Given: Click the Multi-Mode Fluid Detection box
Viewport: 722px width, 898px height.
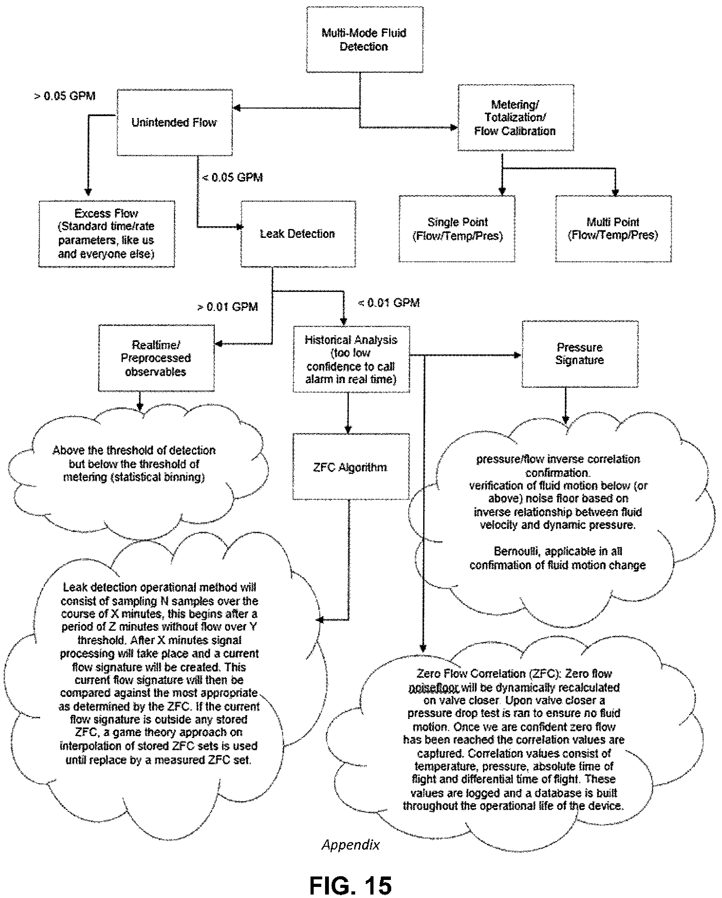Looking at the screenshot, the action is pos(364,40).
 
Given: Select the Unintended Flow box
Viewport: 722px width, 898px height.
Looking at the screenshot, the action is pos(175,122).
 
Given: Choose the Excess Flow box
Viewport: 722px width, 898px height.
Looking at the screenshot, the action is pos(107,234).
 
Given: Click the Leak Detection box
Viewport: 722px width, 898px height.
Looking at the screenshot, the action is pos(298,234).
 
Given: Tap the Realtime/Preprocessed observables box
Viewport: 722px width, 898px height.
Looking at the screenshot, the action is pos(156,358).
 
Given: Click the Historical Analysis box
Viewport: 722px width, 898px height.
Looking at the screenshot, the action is pos(351,359).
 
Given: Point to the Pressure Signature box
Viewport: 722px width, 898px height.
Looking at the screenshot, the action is pos(580,354).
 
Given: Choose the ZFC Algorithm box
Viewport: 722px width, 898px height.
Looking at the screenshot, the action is pos(351,467).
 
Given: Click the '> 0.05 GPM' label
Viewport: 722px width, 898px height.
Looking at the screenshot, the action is pos(65,96).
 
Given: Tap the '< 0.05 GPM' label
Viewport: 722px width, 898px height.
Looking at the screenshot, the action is pos(233,177).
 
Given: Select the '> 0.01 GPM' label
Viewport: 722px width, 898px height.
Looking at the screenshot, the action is pos(228,307).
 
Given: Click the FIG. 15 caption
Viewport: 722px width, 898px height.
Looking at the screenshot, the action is pos(351,885).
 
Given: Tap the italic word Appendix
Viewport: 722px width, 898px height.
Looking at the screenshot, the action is pos(351,845).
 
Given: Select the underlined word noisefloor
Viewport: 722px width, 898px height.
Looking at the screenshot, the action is pos(434,688).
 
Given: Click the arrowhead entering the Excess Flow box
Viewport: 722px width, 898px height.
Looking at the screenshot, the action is pos(88,192).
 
